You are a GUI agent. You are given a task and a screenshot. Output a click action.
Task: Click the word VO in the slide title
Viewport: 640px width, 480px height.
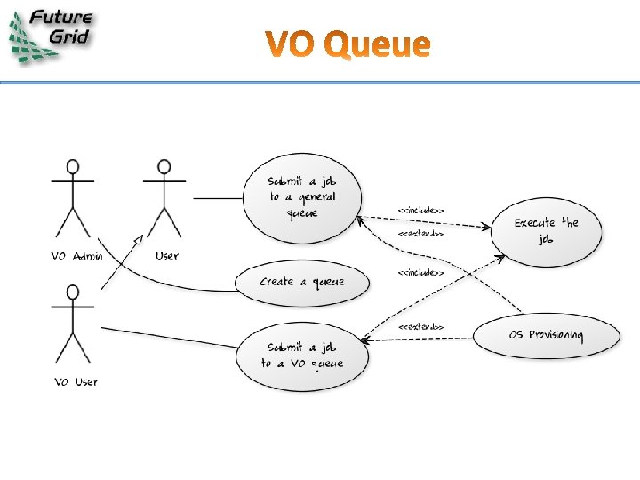(292, 44)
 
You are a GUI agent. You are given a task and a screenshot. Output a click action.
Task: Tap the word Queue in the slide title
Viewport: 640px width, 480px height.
(378, 45)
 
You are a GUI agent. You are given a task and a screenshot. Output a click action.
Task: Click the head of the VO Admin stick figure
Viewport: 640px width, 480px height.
(73, 166)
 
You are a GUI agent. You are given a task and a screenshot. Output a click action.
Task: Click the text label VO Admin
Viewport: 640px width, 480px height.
(76, 256)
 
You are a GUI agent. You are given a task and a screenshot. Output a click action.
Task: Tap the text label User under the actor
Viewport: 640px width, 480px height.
(166, 256)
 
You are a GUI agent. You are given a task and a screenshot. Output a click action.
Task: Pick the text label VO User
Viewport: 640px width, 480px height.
(76, 382)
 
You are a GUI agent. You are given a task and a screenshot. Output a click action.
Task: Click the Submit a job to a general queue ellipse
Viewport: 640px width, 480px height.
(301, 197)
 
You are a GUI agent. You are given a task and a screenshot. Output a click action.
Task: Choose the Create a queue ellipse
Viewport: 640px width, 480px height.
(301, 282)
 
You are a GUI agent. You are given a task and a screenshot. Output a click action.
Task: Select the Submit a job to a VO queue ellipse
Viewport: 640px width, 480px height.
(301, 356)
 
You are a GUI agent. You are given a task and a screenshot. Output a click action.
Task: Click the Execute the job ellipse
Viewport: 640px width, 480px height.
(545, 231)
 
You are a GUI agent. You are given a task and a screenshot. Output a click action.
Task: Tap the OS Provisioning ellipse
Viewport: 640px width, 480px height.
(546, 335)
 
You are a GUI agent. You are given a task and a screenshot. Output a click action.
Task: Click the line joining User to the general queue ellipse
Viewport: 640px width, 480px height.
(218, 197)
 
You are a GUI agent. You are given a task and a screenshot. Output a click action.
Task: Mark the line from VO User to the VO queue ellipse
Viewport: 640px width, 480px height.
(169, 338)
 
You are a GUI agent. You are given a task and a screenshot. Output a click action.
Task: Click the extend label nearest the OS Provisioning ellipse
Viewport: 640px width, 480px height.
(420, 327)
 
